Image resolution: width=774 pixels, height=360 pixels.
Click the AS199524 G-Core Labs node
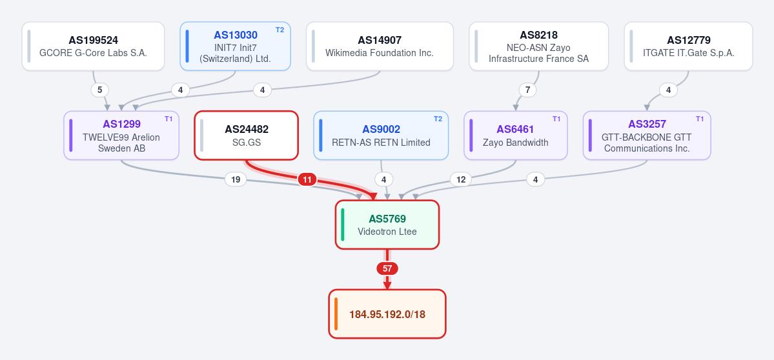pyautogui.click(x=94, y=46)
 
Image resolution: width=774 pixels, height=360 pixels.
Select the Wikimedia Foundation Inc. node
pyautogui.click(x=380, y=46)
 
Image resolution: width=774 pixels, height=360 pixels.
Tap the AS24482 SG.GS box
pyautogui.click(x=247, y=135)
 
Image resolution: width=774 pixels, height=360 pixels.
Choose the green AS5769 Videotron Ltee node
pyautogui.click(x=387, y=225)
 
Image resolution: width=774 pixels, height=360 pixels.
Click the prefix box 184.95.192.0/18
pyautogui.click(x=387, y=314)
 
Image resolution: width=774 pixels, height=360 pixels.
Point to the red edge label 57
pyautogui.click(x=387, y=269)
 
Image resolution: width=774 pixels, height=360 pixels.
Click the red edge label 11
pyautogui.click(x=307, y=179)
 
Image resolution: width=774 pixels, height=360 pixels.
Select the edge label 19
pyautogui.click(x=236, y=179)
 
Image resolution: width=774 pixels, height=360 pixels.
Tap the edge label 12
pyautogui.click(x=461, y=179)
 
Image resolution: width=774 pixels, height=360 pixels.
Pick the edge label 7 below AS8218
pyautogui.click(x=527, y=90)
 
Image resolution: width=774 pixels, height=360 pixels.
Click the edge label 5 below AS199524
pyautogui.click(x=99, y=90)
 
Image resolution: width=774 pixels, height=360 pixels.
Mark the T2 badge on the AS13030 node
pyautogui.click(x=280, y=30)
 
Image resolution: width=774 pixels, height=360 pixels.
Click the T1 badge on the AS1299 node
pyautogui.click(x=169, y=119)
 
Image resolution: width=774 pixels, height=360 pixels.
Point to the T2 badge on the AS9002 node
pyautogui.click(x=438, y=119)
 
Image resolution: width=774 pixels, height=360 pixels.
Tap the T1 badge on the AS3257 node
pyautogui.click(x=700, y=119)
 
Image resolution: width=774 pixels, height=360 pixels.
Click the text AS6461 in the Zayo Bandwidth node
pyautogui.click(x=515, y=129)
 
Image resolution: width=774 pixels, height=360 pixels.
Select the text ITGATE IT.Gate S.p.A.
pyautogui.click(x=689, y=53)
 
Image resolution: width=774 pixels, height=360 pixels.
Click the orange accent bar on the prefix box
pyautogui.click(x=336, y=314)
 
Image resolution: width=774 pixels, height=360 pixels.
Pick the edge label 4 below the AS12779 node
pyautogui.click(x=668, y=90)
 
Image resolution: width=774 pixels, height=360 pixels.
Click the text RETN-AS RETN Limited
pyautogui.click(x=381, y=143)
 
